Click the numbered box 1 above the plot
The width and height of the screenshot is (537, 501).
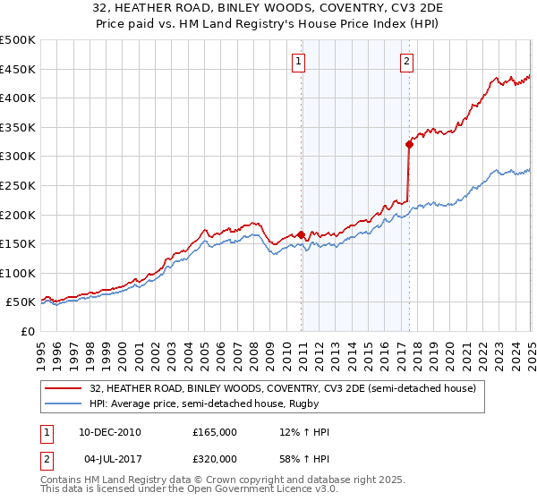pos(298,62)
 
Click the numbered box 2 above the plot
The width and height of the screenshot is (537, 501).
pos(406,62)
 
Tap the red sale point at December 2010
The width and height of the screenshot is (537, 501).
pos(302,235)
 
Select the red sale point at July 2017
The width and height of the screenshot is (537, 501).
pos(409,143)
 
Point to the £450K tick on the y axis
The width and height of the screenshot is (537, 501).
pos(18,69)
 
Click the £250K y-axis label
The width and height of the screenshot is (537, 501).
pos(18,185)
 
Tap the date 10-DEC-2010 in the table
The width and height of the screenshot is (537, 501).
pos(110,432)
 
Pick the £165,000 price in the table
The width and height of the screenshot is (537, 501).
pos(215,432)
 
